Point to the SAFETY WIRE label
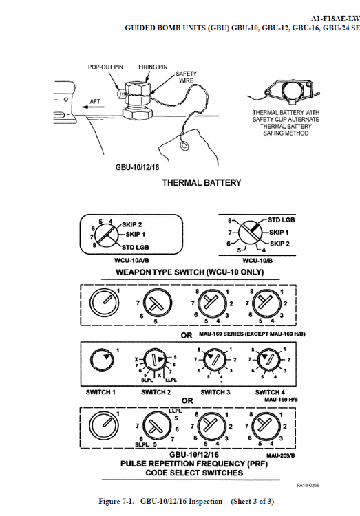(187, 76)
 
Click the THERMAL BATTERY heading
(202, 183)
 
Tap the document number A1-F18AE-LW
(334, 18)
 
